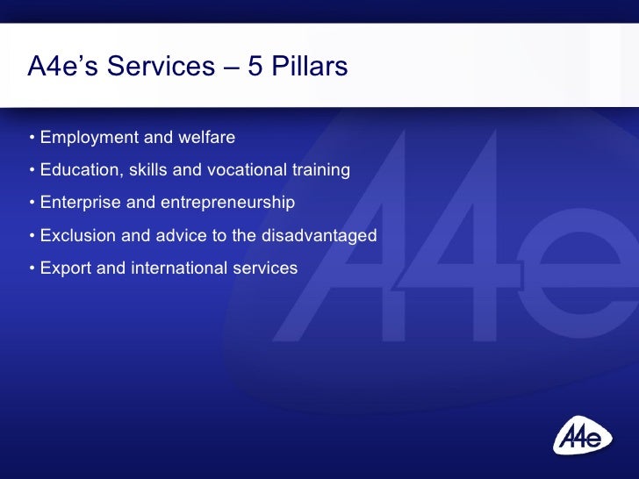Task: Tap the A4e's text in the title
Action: click(x=61, y=67)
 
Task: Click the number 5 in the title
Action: click(x=255, y=67)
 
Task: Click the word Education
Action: click(x=81, y=169)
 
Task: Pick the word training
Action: click(x=322, y=169)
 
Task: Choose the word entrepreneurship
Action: click(x=227, y=203)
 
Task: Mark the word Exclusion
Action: click(x=78, y=235)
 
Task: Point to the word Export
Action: click(x=65, y=268)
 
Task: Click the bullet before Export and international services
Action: click(x=32, y=268)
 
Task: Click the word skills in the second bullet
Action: click(x=147, y=169)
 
